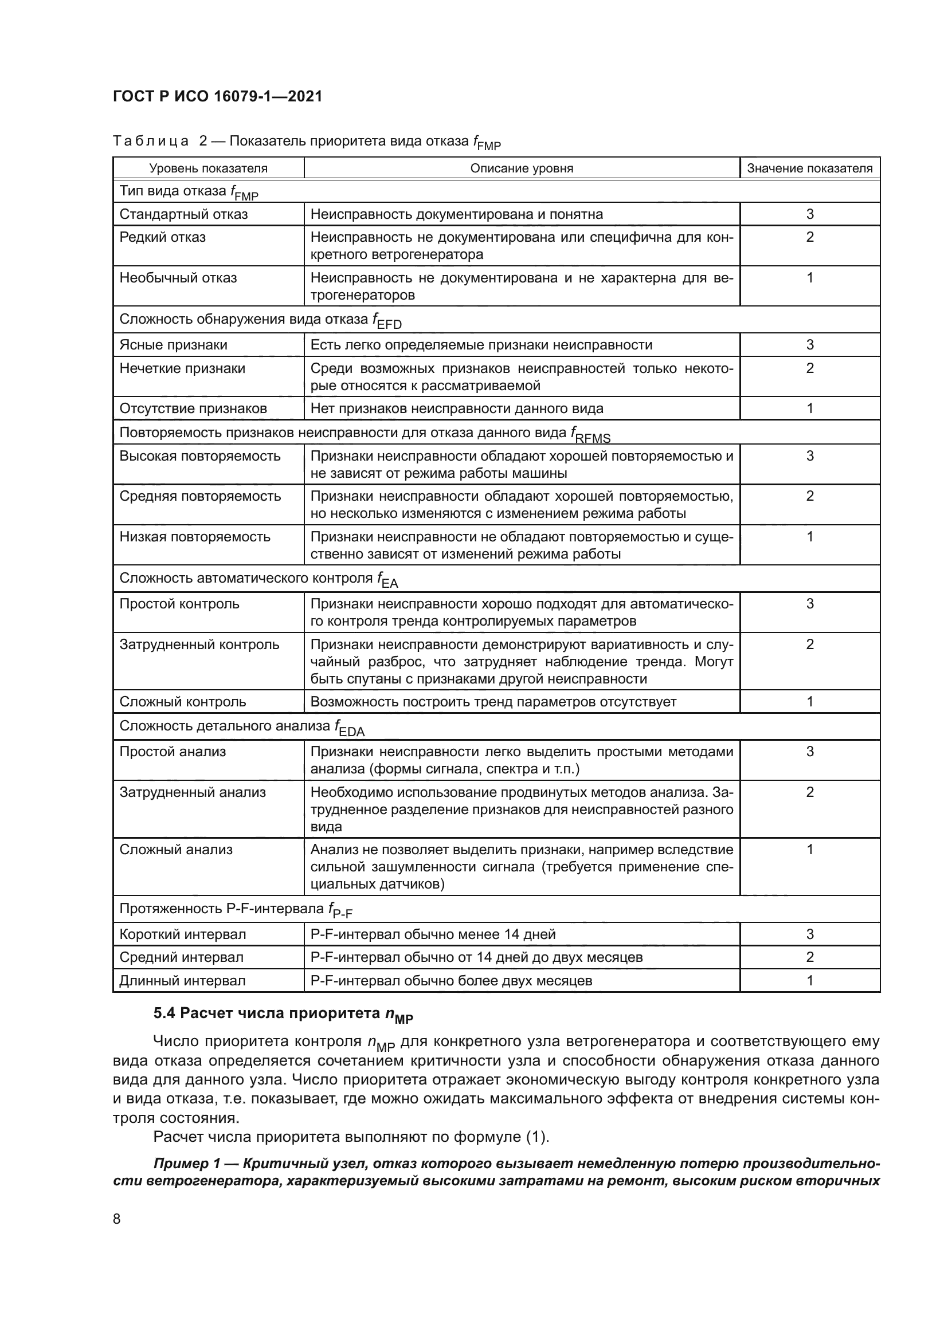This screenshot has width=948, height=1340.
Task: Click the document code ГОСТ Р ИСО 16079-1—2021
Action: pyautogui.click(x=217, y=97)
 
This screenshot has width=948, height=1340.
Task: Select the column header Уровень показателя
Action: pyautogui.click(x=209, y=168)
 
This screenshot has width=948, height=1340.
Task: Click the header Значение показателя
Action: pyautogui.click(x=810, y=168)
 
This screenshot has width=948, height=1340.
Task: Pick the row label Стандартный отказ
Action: pyautogui.click(x=184, y=214)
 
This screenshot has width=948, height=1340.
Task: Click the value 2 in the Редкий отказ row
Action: pyautogui.click(x=810, y=238)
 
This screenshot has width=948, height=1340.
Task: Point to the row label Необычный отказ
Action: pyautogui.click(x=178, y=278)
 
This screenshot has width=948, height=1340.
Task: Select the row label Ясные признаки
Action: pyautogui.click(x=173, y=345)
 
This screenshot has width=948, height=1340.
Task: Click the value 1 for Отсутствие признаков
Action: pyautogui.click(x=810, y=408)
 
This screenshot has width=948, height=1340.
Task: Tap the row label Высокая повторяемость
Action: pyautogui.click(x=199, y=456)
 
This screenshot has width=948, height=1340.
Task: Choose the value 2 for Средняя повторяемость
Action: pyautogui.click(x=810, y=496)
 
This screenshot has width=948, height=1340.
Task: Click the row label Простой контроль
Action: pyautogui.click(x=179, y=604)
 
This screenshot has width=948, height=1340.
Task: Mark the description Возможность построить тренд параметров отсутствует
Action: pyautogui.click(x=493, y=702)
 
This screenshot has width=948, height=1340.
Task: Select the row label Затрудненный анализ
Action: pyautogui.click(x=193, y=792)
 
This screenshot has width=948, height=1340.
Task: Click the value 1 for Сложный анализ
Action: pyautogui.click(x=810, y=850)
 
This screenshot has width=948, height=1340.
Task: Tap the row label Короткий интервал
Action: pyautogui.click(x=183, y=934)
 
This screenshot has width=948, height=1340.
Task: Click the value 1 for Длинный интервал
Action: pyautogui.click(x=810, y=980)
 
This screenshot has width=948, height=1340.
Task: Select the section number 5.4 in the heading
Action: pyautogui.click(x=164, y=1014)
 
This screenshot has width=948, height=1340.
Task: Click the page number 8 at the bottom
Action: pyautogui.click(x=117, y=1219)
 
